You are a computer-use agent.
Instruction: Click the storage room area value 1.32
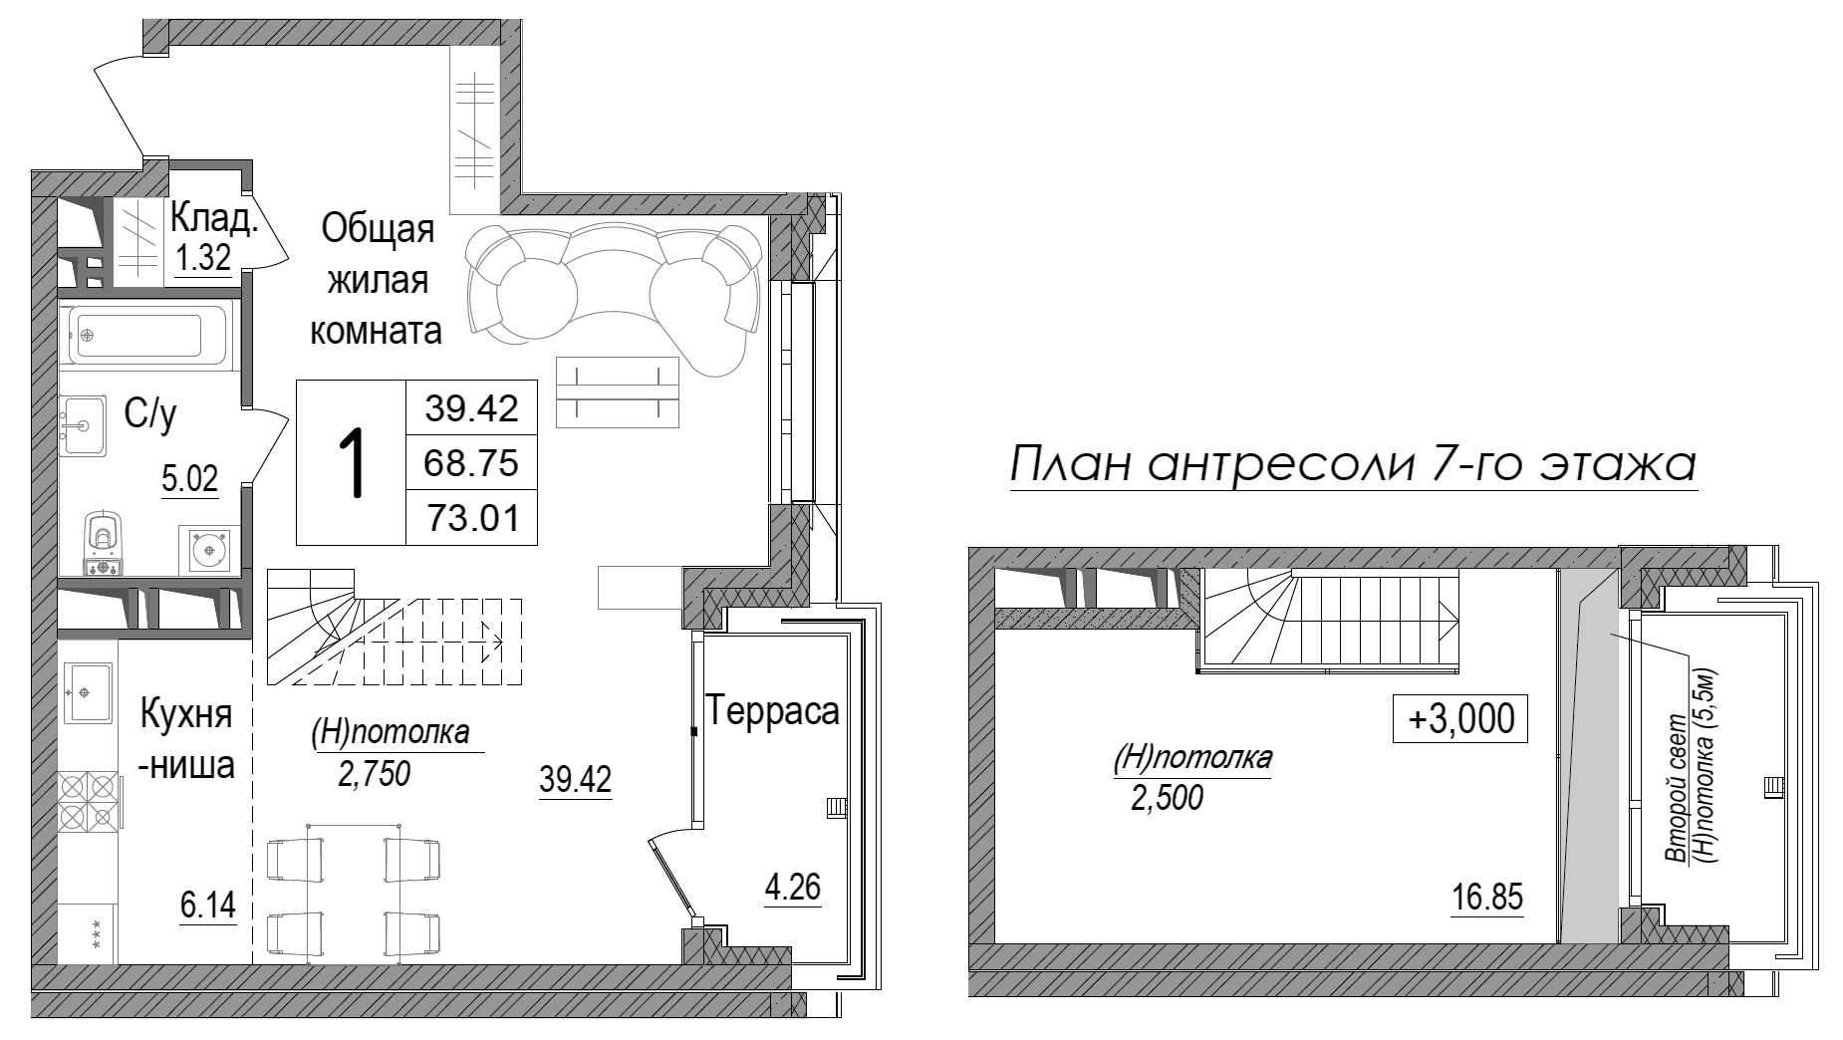point(203,259)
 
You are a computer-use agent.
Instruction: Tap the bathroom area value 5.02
point(189,481)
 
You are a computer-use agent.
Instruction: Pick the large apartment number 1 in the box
point(351,464)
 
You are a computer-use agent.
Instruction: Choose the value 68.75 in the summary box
point(472,463)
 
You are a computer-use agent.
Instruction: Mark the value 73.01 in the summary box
point(472,518)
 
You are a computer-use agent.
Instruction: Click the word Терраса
point(773,711)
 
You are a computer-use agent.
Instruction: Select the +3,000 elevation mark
point(1459,717)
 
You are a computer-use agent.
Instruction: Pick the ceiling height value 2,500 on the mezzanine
point(1167,798)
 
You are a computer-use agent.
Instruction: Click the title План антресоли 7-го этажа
point(1352,467)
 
